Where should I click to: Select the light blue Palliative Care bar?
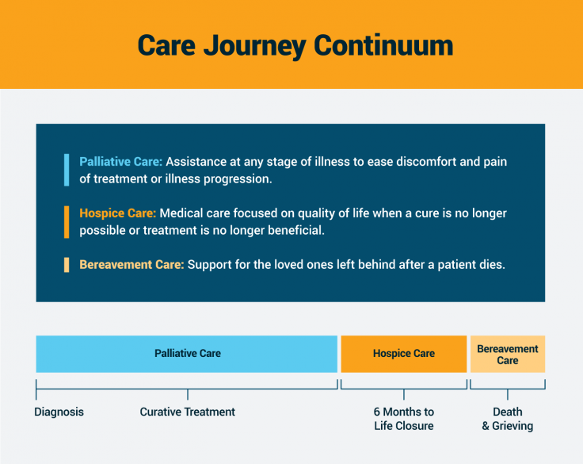click(188, 354)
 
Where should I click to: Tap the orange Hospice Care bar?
click(403, 354)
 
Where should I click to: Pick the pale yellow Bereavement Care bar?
click(507, 355)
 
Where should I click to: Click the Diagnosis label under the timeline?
click(59, 412)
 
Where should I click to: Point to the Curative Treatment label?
click(188, 412)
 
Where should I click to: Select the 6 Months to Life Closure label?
click(403, 419)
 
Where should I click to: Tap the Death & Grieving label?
click(507, 419)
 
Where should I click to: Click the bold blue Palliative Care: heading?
click(120, 162)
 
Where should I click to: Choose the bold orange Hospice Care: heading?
click(118, 213)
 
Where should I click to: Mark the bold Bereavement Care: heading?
click(131, 265)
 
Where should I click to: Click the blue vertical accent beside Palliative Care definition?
click(67, 170)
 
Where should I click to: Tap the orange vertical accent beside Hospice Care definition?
click(67, 221)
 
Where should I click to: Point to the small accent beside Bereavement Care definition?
click(67, 265)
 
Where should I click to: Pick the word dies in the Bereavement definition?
click(490, 265)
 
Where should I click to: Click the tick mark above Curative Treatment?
click(188, 393)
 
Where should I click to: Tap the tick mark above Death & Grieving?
click(507, 393)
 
